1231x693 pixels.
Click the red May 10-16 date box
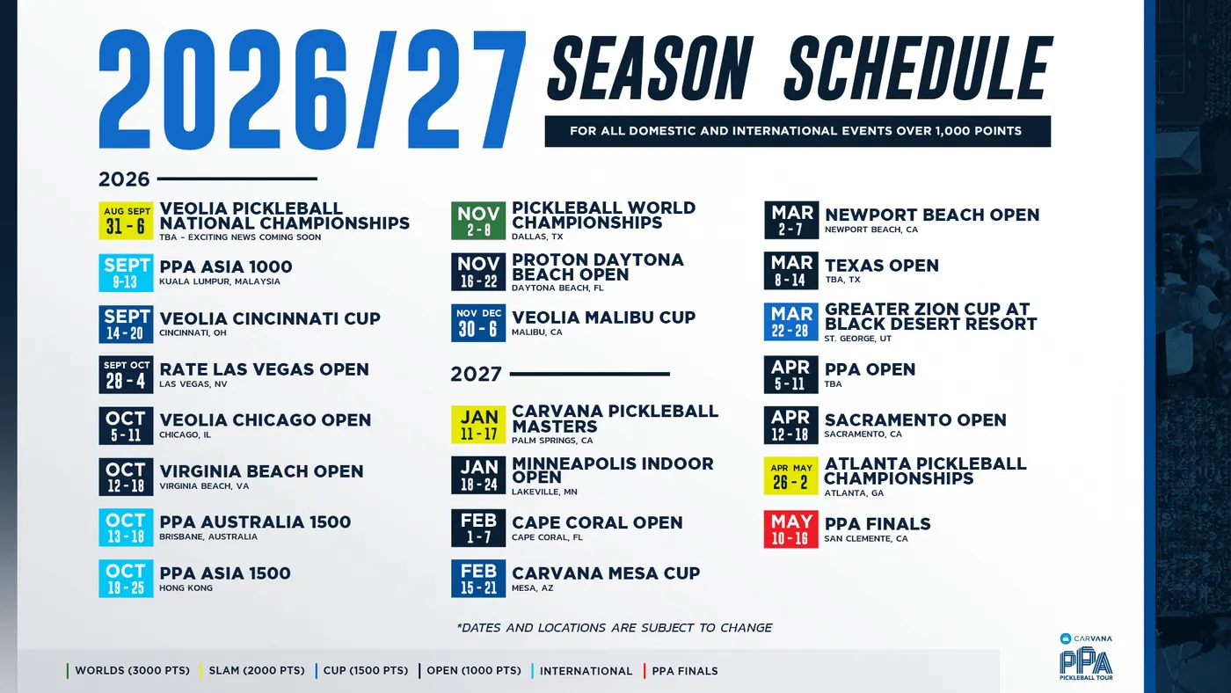coord(790,529)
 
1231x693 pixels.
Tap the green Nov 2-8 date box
coord(478,221)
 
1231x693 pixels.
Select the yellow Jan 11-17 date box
coord(478,425)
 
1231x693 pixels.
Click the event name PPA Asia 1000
coord(225,267)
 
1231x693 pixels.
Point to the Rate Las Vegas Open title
coord(264,369)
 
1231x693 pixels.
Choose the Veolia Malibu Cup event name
coord(603,317)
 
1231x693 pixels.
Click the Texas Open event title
coord(881,266)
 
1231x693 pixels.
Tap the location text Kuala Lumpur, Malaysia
coord(219,281)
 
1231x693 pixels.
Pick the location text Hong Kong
coord(186,588)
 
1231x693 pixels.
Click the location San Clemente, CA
coord(865,538)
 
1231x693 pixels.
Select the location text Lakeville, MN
coord(544,492)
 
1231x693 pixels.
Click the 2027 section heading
coord(476,375)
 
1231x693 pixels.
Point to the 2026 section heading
coord(124,179)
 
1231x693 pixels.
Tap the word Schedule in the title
coord(919,68)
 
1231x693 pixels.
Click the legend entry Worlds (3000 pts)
coord(132,671)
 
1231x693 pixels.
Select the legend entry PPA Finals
coord(685,671)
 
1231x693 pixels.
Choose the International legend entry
coord(586,671)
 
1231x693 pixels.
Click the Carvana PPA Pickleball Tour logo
coord(1086,657)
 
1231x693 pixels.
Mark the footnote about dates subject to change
coord(614,628)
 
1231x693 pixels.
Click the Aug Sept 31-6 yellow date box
coord(126,221)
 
